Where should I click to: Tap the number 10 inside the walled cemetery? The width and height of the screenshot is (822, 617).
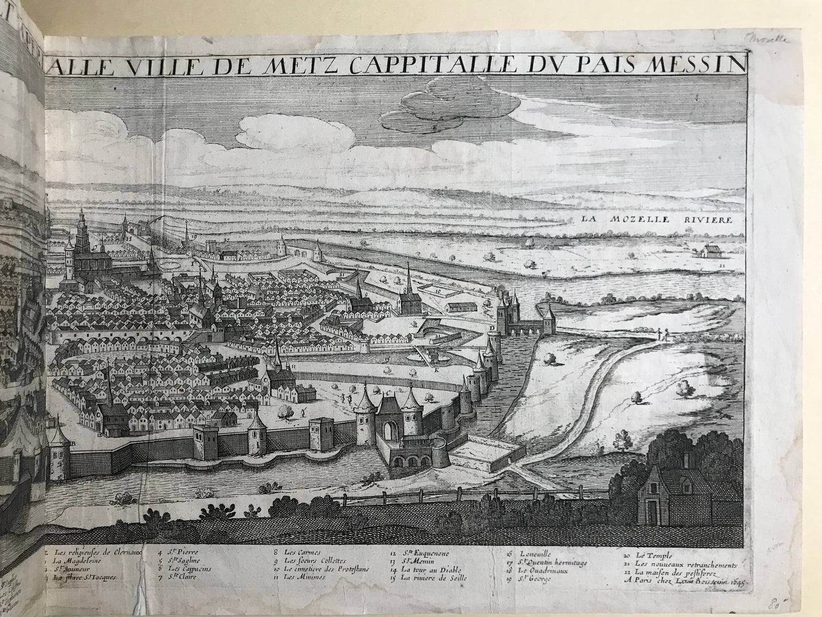click(438, 291)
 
